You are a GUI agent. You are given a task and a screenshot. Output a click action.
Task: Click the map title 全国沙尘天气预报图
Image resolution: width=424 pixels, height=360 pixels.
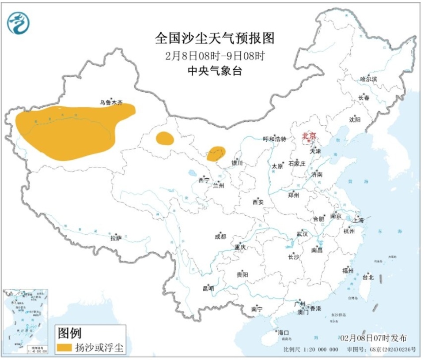pyautogui.click(x=215, y=39)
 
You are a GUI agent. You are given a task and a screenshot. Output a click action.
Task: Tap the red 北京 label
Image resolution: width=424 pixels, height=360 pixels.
pyautogui.click(x=309, y=136)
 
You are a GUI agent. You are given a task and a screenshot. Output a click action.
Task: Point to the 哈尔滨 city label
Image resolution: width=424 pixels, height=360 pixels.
pyautogui.click(x=368, y=79)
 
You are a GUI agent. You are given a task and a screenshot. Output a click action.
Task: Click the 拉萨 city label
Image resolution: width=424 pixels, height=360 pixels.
pyautogui.click(x=116, y=238)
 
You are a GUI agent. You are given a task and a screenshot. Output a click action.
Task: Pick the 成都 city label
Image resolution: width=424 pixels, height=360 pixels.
pyautogui.click(x=220, y=237)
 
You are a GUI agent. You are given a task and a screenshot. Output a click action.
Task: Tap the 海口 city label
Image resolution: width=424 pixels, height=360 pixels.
pyautogui.click(x=283, y=332)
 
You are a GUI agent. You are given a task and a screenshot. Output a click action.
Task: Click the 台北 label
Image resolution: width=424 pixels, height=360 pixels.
pyautogui.click(x=368, y=277)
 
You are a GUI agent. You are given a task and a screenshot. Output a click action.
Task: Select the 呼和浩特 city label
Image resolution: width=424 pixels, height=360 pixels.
pyautogui.click(x=275, y=139)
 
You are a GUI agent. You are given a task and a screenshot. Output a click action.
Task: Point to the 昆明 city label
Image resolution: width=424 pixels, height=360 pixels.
pyautogui.click(x=208, y=289)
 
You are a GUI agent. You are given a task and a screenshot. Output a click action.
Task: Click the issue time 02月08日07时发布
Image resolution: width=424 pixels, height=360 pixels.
pyautogui.click(x=373, y=338)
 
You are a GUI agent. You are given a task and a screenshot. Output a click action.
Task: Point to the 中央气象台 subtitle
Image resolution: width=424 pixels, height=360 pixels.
pyautogui.click(x=215, y=71)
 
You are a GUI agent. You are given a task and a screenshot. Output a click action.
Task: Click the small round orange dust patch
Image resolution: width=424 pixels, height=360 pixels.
pyautogui.click(x=165, y=138)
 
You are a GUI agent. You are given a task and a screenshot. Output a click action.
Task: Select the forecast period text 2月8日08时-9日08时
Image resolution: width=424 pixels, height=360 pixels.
pyautogui.click(x=215, y=56)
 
